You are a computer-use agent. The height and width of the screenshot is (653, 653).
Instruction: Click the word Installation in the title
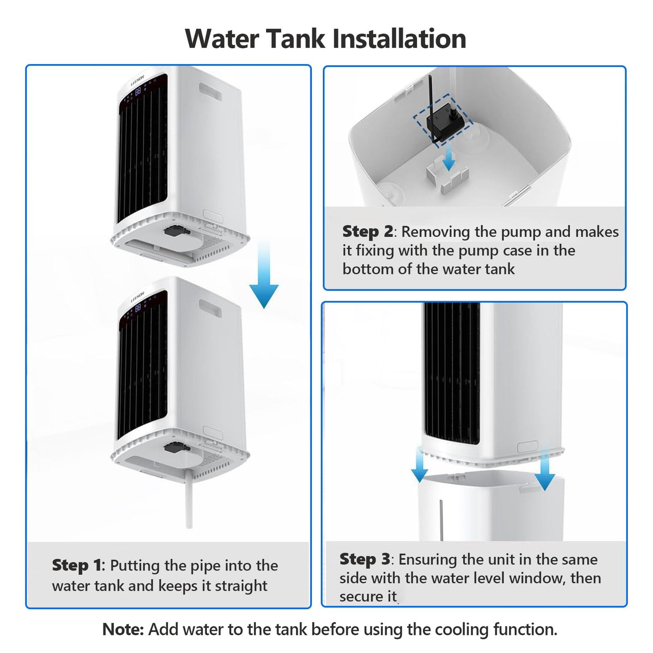point(399,39)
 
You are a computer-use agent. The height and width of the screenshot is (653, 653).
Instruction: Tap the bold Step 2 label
point(368,231)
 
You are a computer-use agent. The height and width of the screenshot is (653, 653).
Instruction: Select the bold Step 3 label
point(365,559)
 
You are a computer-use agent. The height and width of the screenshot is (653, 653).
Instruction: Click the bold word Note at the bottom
point(123,629)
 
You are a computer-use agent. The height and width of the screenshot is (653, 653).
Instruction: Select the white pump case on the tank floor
point(446,176)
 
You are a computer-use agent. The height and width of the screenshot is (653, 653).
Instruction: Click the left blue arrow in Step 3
point(419,465)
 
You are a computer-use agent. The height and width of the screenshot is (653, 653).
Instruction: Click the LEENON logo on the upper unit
point(138,80)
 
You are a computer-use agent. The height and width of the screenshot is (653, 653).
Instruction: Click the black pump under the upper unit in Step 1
point(177,231)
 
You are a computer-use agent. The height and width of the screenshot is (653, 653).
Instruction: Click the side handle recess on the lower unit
point(211,308)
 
